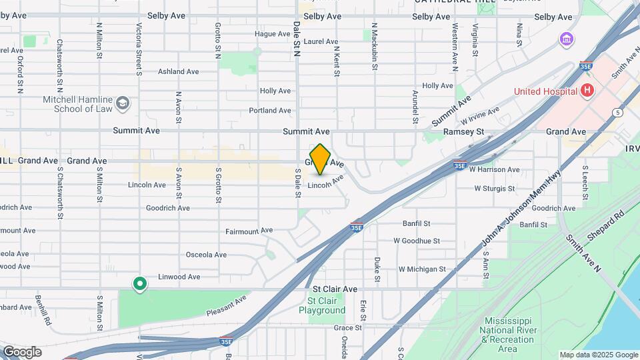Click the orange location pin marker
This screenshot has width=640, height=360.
[321, 159]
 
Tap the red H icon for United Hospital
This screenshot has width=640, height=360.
[587, 91]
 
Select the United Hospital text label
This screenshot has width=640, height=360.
[545, 91]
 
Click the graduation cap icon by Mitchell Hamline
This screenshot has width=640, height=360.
[123, 103]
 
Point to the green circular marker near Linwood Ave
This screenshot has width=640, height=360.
[139, 285]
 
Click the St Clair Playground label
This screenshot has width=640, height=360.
[322, 305]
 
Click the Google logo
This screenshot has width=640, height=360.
[21, 352]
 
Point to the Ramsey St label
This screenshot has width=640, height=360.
[463, 132]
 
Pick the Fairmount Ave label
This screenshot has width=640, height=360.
[249, 230]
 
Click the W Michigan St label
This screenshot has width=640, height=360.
[422, 269]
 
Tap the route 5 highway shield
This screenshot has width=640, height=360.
[619, 113]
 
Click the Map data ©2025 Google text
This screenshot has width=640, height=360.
[598, 355]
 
